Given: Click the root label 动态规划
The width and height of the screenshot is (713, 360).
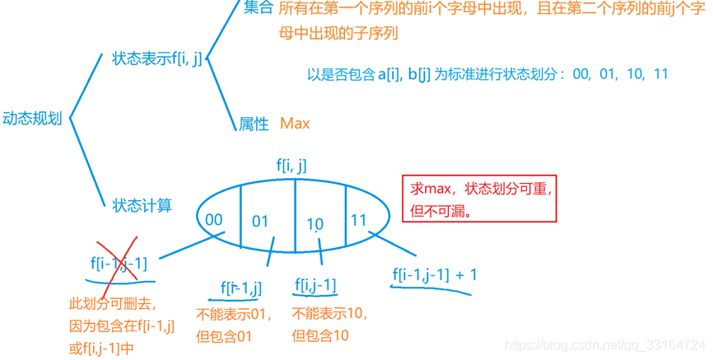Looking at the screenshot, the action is (x=33, y=119).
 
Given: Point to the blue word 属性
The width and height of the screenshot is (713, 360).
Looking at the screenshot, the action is (x=254, y=124).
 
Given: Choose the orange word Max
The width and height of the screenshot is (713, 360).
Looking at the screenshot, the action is (x=295, y=124).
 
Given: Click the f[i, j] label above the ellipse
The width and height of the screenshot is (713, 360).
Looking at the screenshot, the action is (x=291, y=166).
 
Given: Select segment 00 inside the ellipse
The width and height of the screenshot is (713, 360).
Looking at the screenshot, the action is (x=215, y=219).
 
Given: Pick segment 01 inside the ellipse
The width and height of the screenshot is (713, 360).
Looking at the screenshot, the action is (x=261, y=221).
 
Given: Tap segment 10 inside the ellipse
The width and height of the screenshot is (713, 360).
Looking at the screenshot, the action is (x=315, y=224).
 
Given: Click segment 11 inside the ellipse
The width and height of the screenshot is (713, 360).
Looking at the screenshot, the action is (x=358, y=220).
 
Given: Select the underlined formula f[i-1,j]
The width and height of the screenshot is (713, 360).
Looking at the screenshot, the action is (x=241, y=288).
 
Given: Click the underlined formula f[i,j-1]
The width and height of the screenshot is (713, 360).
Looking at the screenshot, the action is (x=315, y=286).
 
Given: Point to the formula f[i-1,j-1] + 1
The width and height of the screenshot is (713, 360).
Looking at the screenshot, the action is (x=435, y=274).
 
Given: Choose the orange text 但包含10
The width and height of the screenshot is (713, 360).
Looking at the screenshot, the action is (x=320, y=335).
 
